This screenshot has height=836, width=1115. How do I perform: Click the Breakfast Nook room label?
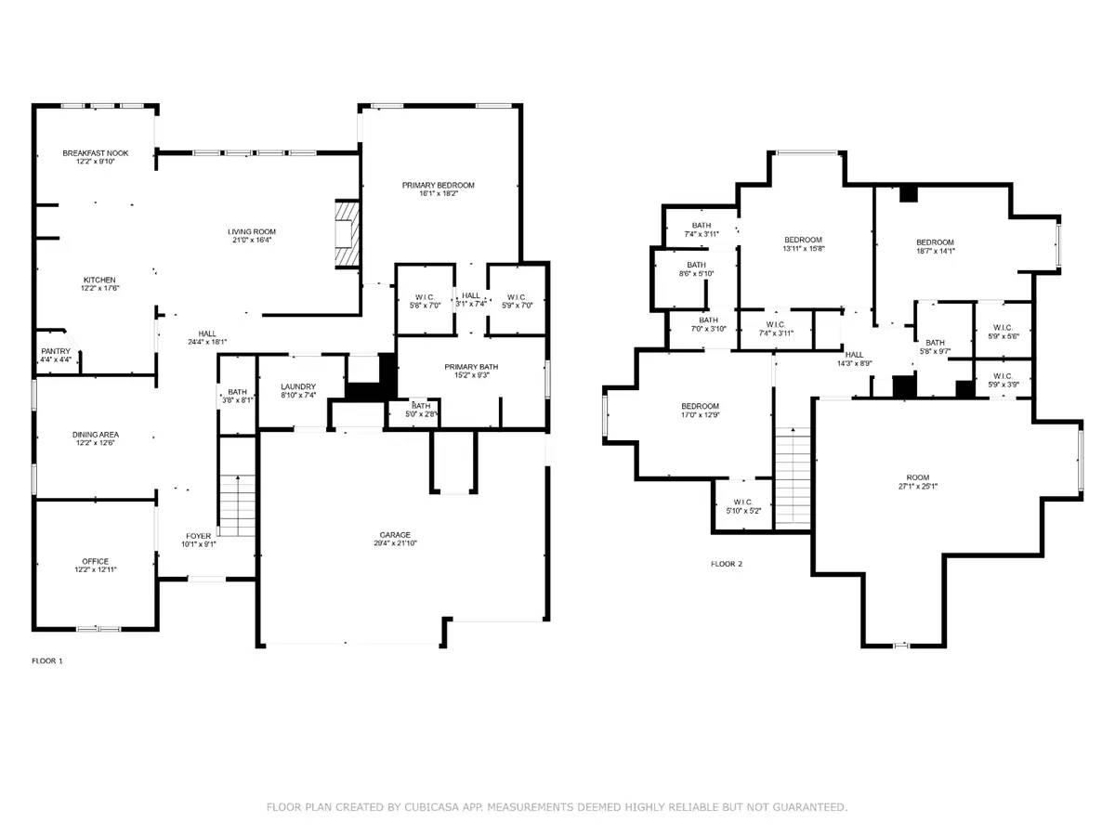point(95,153)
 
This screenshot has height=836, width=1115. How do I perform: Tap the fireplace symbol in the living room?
point(347,233)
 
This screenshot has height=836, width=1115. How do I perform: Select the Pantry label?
point(49,351)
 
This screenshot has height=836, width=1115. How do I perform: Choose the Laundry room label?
point(299,386)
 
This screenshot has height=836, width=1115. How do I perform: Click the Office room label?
point(95,561)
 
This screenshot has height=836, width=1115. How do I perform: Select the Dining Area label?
point(95,435)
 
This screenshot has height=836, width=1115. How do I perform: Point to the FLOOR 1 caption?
point(47,661)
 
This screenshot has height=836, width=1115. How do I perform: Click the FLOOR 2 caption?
point(727,564)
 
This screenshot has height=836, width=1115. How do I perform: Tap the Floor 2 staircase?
point(793,478)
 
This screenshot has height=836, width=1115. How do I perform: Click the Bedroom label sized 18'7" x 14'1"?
point(935,242)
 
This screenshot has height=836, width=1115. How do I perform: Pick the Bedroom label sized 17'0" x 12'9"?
point(700,407)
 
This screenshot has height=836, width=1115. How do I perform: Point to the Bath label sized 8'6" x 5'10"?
point(696,266)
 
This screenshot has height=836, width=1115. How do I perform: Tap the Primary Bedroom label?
point(438,186)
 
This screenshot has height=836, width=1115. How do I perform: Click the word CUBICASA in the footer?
point(411,807)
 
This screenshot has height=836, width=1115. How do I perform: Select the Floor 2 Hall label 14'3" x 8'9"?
point(854,355)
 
